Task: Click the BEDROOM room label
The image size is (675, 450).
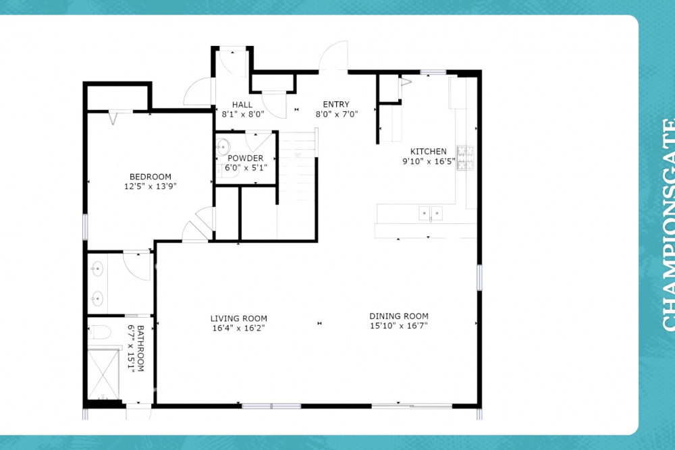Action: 151,176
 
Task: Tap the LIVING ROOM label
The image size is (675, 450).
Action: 238,318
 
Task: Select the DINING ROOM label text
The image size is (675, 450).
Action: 399,316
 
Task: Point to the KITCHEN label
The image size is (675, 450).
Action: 429,151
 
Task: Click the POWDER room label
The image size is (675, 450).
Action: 246,158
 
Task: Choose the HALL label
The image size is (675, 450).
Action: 242,105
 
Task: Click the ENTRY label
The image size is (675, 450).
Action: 336,104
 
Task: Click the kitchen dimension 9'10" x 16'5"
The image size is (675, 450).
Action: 429,161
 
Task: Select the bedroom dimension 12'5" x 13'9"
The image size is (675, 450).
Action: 151,186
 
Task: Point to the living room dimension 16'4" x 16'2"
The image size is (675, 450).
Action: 238,329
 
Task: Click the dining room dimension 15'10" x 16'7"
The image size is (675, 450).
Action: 399,326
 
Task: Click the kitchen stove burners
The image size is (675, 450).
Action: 465,158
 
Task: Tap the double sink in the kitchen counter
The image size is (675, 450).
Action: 431,213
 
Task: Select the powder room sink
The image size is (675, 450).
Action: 222,147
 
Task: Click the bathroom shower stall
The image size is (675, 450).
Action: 103,374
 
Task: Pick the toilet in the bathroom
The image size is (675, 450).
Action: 99,332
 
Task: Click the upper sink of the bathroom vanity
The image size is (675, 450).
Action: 97,269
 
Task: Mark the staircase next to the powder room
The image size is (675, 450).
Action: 297,185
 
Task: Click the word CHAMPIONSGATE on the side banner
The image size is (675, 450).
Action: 668,225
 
